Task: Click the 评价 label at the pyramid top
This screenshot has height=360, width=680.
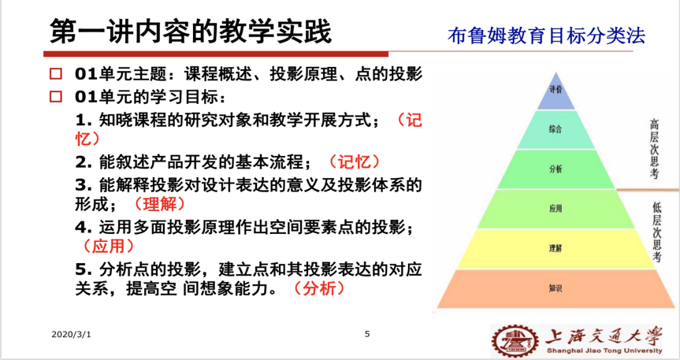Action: (556, 89)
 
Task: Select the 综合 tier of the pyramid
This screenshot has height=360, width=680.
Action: (556, 129)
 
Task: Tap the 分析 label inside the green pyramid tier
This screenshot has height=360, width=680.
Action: (556, 169)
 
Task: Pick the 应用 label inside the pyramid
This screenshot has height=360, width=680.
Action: (556, 209)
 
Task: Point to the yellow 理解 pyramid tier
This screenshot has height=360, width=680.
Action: (556, 248)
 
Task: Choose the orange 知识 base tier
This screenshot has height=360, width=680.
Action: (556, 288)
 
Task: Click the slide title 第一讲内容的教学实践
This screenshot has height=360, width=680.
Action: (191, 32)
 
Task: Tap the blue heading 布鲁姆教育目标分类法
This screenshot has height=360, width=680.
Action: (546, 35)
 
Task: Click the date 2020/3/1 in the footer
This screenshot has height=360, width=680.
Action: (71, 335)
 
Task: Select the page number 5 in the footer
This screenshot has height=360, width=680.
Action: (367, 334)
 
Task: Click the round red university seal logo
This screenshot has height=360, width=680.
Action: (515, 340)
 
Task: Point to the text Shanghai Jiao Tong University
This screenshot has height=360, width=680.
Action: (604, 351)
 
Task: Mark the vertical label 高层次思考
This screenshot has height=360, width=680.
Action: (655, 149)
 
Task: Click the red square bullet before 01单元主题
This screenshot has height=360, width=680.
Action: (55, 74)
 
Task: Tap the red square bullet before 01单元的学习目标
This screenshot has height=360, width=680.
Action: (55, 96)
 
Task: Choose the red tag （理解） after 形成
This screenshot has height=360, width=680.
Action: (160, 204)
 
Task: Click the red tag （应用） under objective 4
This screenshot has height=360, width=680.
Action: (109, 246)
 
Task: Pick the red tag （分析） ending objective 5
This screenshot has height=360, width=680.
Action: (319, 288)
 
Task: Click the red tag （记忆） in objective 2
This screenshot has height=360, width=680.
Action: (355, 161)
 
